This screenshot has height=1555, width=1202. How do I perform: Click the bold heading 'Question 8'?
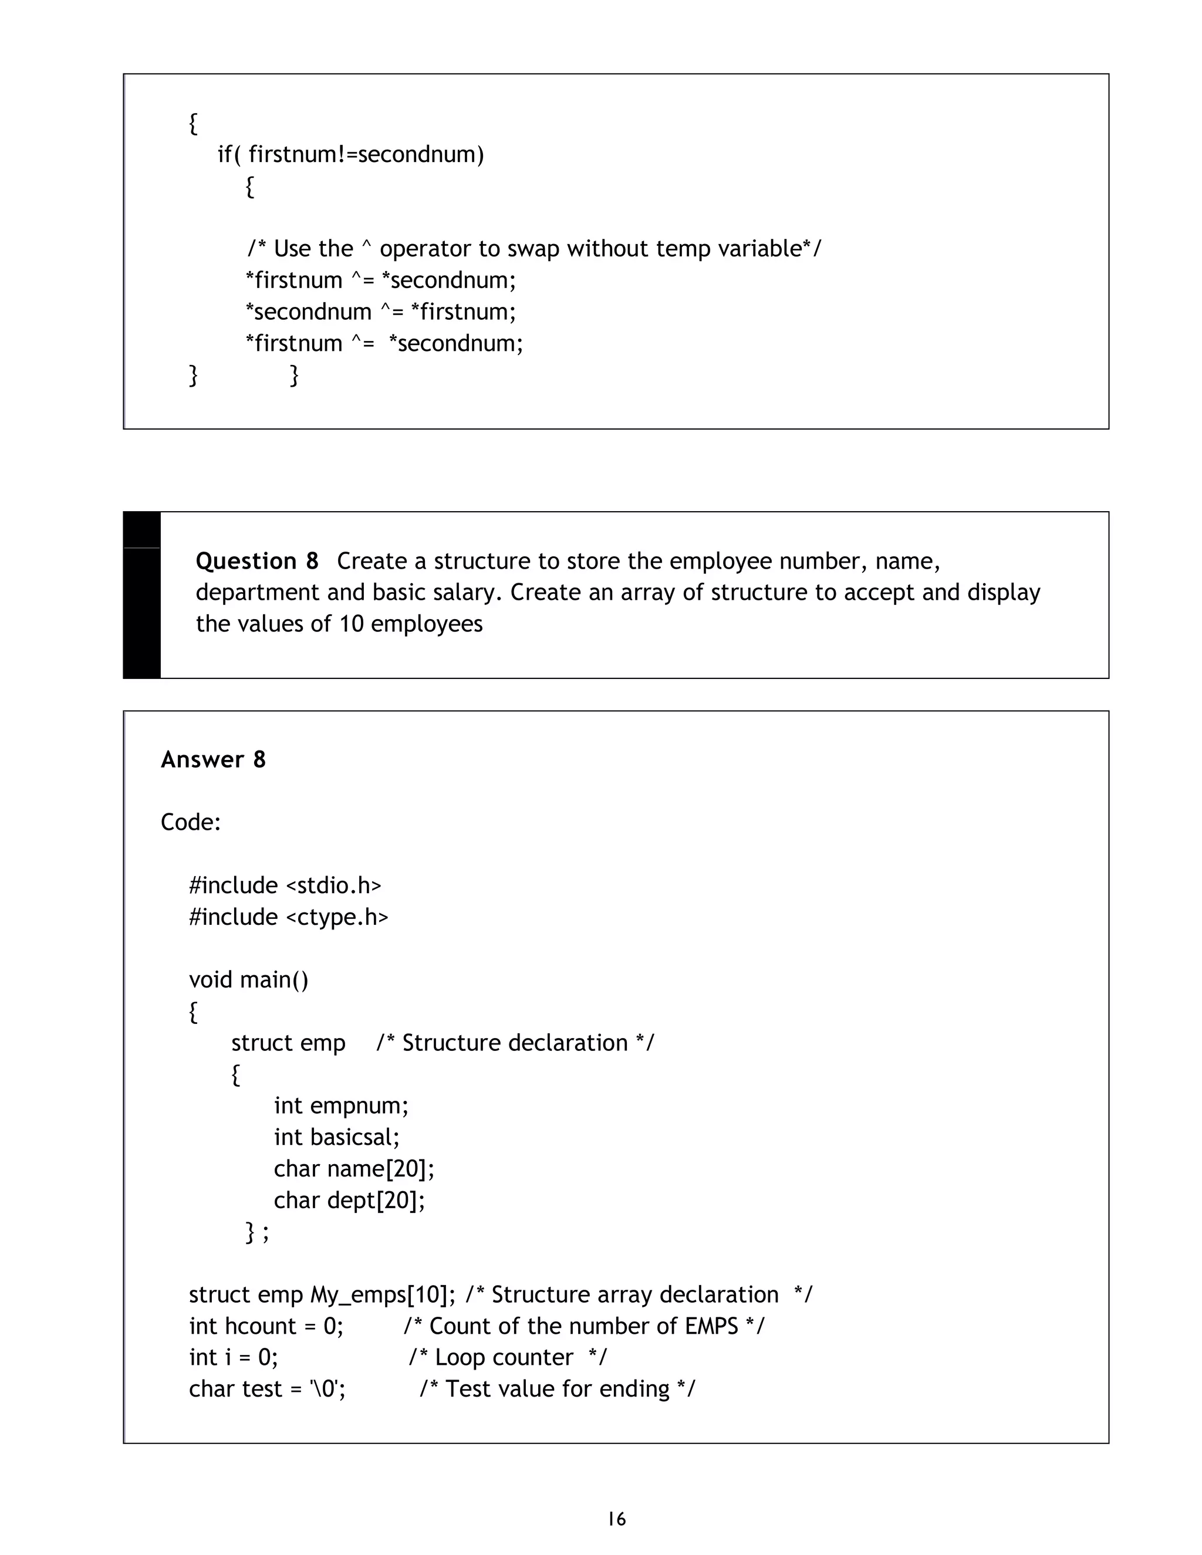[x=257, y=561]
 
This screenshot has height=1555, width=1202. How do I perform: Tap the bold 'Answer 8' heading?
[x=213, y=760]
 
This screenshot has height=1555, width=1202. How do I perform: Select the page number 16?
[x=617, y=1519]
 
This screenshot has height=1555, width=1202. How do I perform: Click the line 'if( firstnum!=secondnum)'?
[x=350, y=154]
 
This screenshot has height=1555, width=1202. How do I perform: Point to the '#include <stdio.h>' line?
[x=285, y=885]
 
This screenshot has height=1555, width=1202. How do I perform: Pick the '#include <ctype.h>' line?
[x=288, y=917]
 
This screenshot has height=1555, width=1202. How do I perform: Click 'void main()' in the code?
[x=248, y=980]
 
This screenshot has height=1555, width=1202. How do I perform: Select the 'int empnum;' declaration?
[x=341, y=1106]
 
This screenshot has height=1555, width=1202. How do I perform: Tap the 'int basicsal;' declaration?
[x=337, y=1137]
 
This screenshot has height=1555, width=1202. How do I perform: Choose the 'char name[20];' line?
[x=354, y=1168]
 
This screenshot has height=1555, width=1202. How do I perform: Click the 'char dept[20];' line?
[x=349, y=1201]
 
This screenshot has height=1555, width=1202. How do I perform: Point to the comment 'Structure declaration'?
[x=515, y=1043]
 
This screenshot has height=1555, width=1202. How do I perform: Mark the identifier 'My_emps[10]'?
[x=381, y=1294]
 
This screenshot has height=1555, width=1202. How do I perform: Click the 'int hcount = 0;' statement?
[x=266, y=1326]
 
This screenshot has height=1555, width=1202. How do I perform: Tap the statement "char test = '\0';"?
[x=267, y=1388]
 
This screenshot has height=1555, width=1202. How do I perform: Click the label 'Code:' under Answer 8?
[x=191, y=822]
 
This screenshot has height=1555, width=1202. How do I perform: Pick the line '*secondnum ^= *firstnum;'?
[x=380, y=312]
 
